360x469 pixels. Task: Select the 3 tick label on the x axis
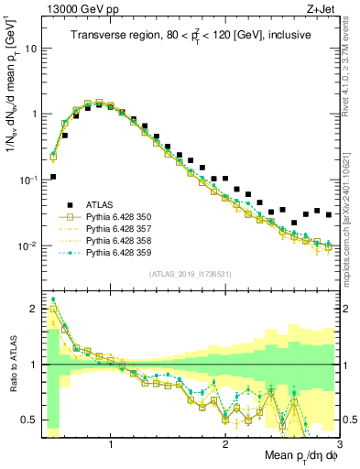338,447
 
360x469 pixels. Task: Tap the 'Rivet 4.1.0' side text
350,73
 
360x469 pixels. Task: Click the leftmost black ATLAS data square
53,177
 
